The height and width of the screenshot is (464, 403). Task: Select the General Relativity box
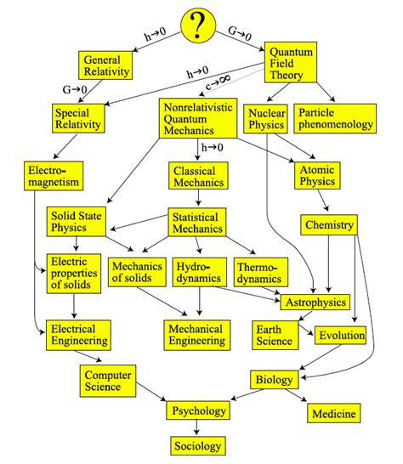107,65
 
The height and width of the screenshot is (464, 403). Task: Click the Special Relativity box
78,118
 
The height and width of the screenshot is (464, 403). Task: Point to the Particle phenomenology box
336,118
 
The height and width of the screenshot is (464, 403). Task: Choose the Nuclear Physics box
266,118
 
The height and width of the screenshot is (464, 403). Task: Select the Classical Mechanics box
197,176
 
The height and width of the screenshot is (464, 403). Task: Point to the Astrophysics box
315,302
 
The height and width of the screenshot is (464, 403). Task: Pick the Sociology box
198,444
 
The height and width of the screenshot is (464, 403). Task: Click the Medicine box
333,413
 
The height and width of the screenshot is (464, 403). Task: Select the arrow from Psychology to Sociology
198,427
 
